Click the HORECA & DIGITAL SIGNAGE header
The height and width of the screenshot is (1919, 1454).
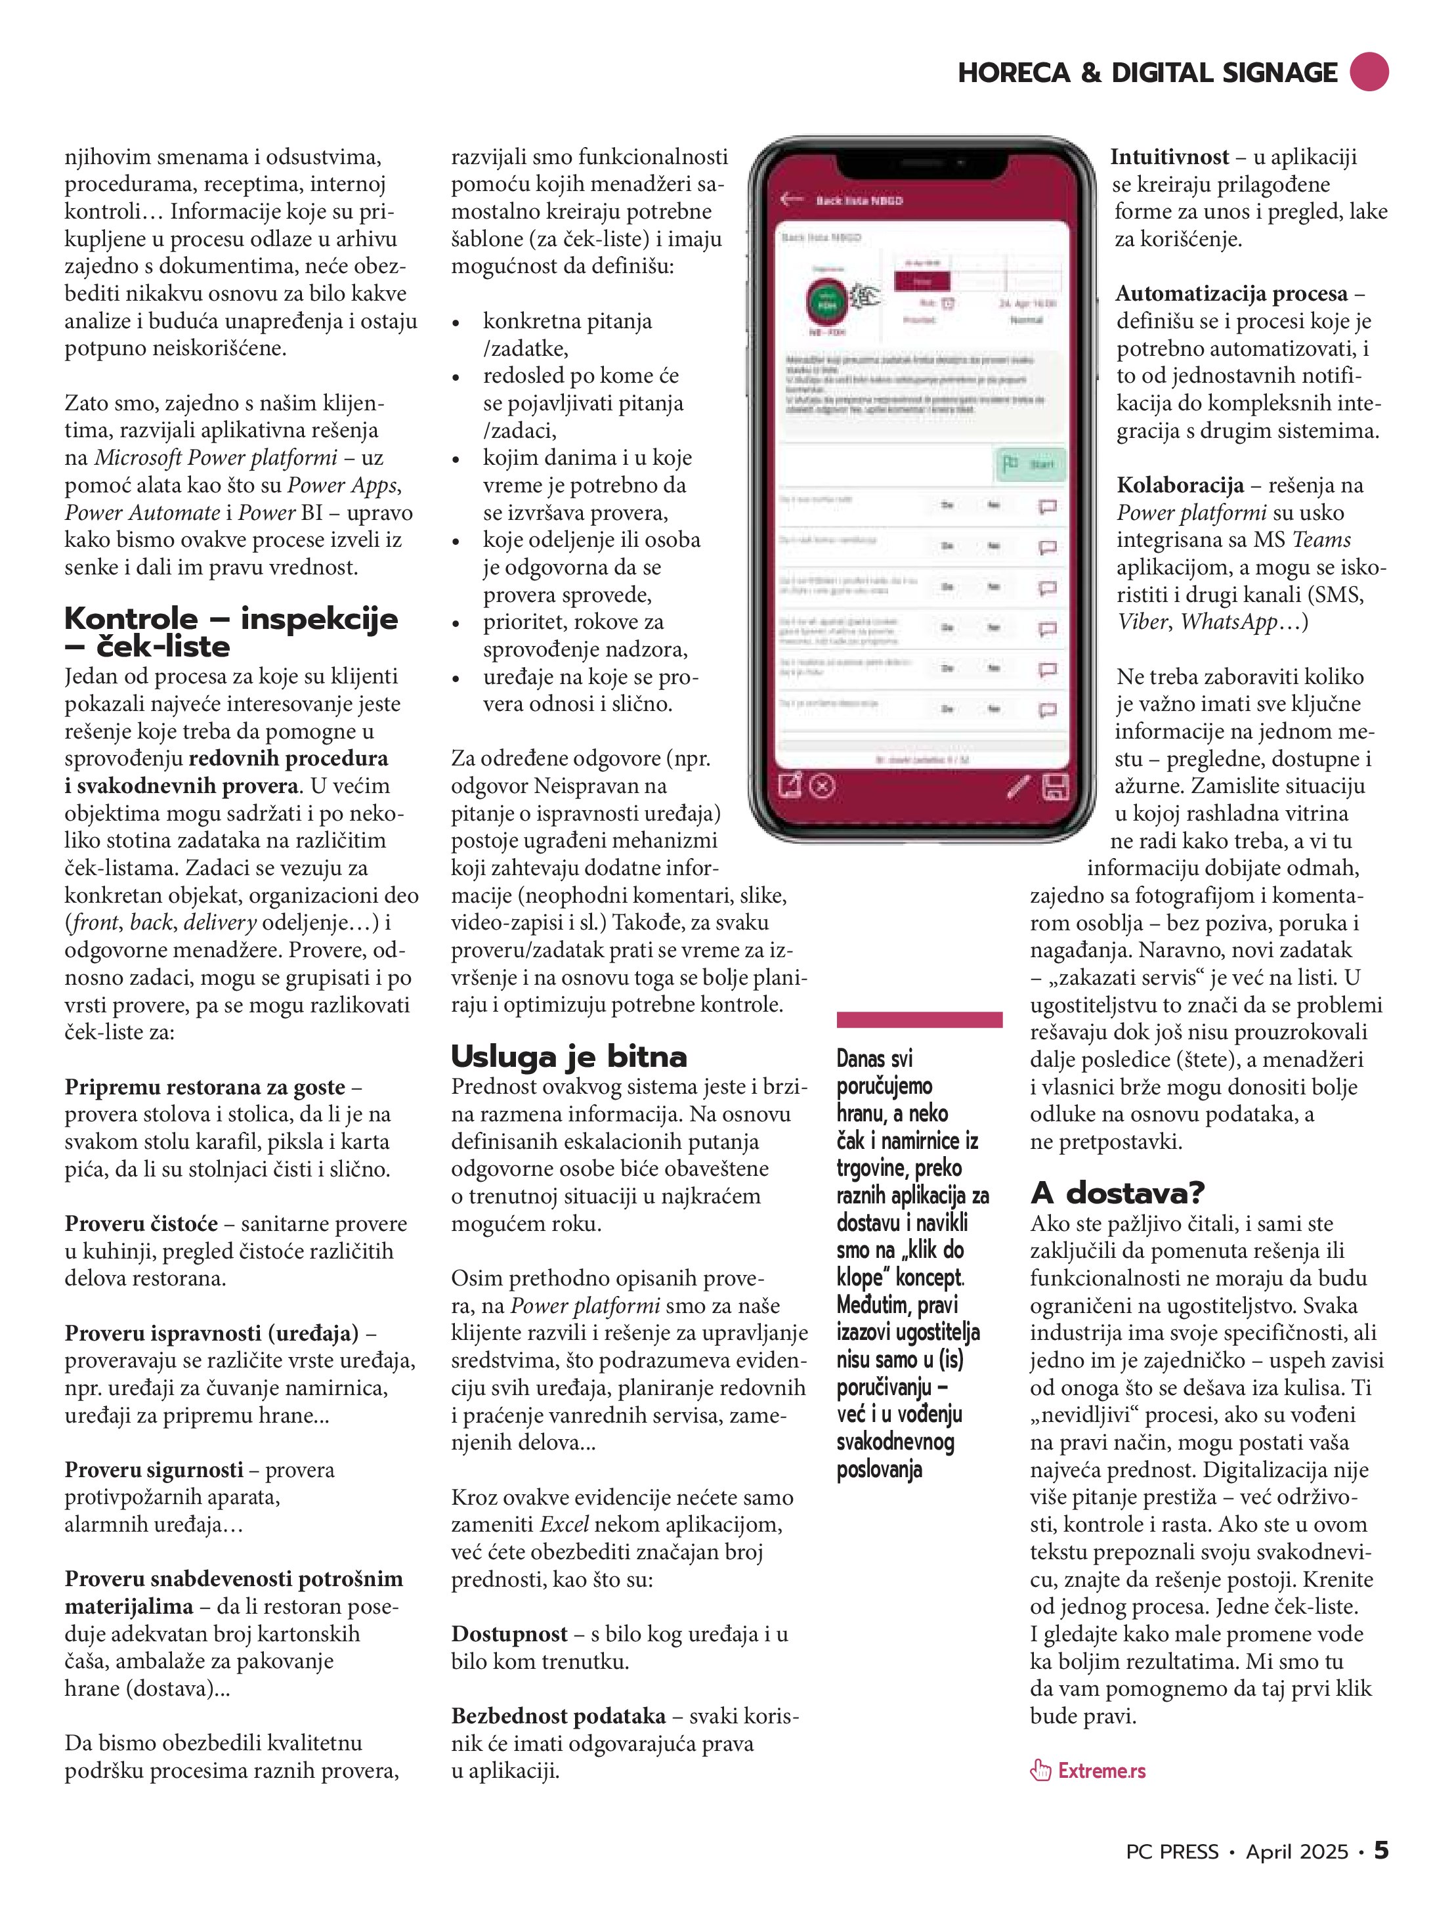(1147, 73)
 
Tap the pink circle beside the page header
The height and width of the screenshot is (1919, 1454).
(1369, 72)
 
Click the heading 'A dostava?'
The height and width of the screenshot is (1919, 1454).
(1117, 1193)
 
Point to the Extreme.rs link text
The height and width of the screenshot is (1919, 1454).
(1101, 1771)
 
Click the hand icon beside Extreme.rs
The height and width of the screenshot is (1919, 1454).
(1040, 1770)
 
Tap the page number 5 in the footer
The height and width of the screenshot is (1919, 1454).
(1380, 1851)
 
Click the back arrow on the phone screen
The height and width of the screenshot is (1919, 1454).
(791, 199)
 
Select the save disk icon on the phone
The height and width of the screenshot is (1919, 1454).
(1054, 787)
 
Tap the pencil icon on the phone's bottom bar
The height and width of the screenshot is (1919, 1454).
(1019, 787)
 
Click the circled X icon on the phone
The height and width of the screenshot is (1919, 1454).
(823, 787)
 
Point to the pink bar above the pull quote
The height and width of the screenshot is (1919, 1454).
(919, 1020)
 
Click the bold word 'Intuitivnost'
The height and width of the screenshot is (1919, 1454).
(1170, 157)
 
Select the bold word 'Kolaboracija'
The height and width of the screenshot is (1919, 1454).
(1180, 485)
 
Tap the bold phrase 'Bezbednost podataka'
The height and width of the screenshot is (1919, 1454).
(558, 1716)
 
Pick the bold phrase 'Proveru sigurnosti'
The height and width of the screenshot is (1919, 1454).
(154, 1469)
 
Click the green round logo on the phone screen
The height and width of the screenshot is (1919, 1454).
(826, 303)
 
